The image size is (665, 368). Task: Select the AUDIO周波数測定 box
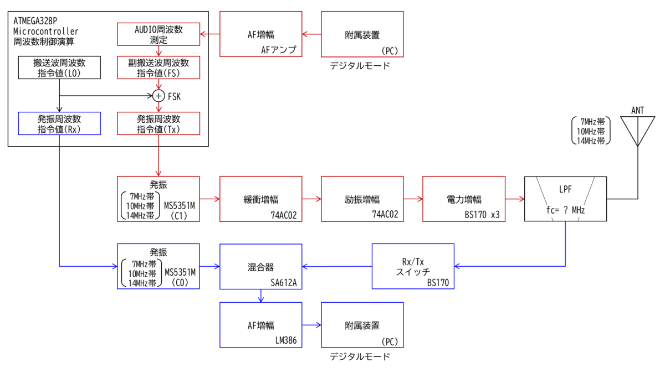(x=159, y=34)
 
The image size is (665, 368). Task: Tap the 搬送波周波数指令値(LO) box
(x=59, y=68)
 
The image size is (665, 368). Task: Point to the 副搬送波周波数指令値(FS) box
(x=159, y=68)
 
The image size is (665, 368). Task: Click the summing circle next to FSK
(x=158, y=96)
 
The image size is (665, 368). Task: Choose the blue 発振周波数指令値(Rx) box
(x=59, y=123)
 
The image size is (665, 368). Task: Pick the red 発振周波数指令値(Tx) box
(x=159, y=123)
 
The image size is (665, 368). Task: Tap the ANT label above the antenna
(x=637, y=110)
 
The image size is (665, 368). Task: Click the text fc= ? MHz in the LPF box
(x=565, y=210)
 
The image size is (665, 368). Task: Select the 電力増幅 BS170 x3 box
(x=463, y=199)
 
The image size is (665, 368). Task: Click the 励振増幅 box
(x=362, y=199)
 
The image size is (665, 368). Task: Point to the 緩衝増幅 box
(x=260, y=199)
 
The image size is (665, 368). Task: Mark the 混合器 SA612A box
(x=260, y=266)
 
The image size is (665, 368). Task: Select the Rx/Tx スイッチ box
(x=413, y=266)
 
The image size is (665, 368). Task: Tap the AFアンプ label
(x=279, y=50)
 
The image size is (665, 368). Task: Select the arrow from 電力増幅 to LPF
(x=515, y=199)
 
